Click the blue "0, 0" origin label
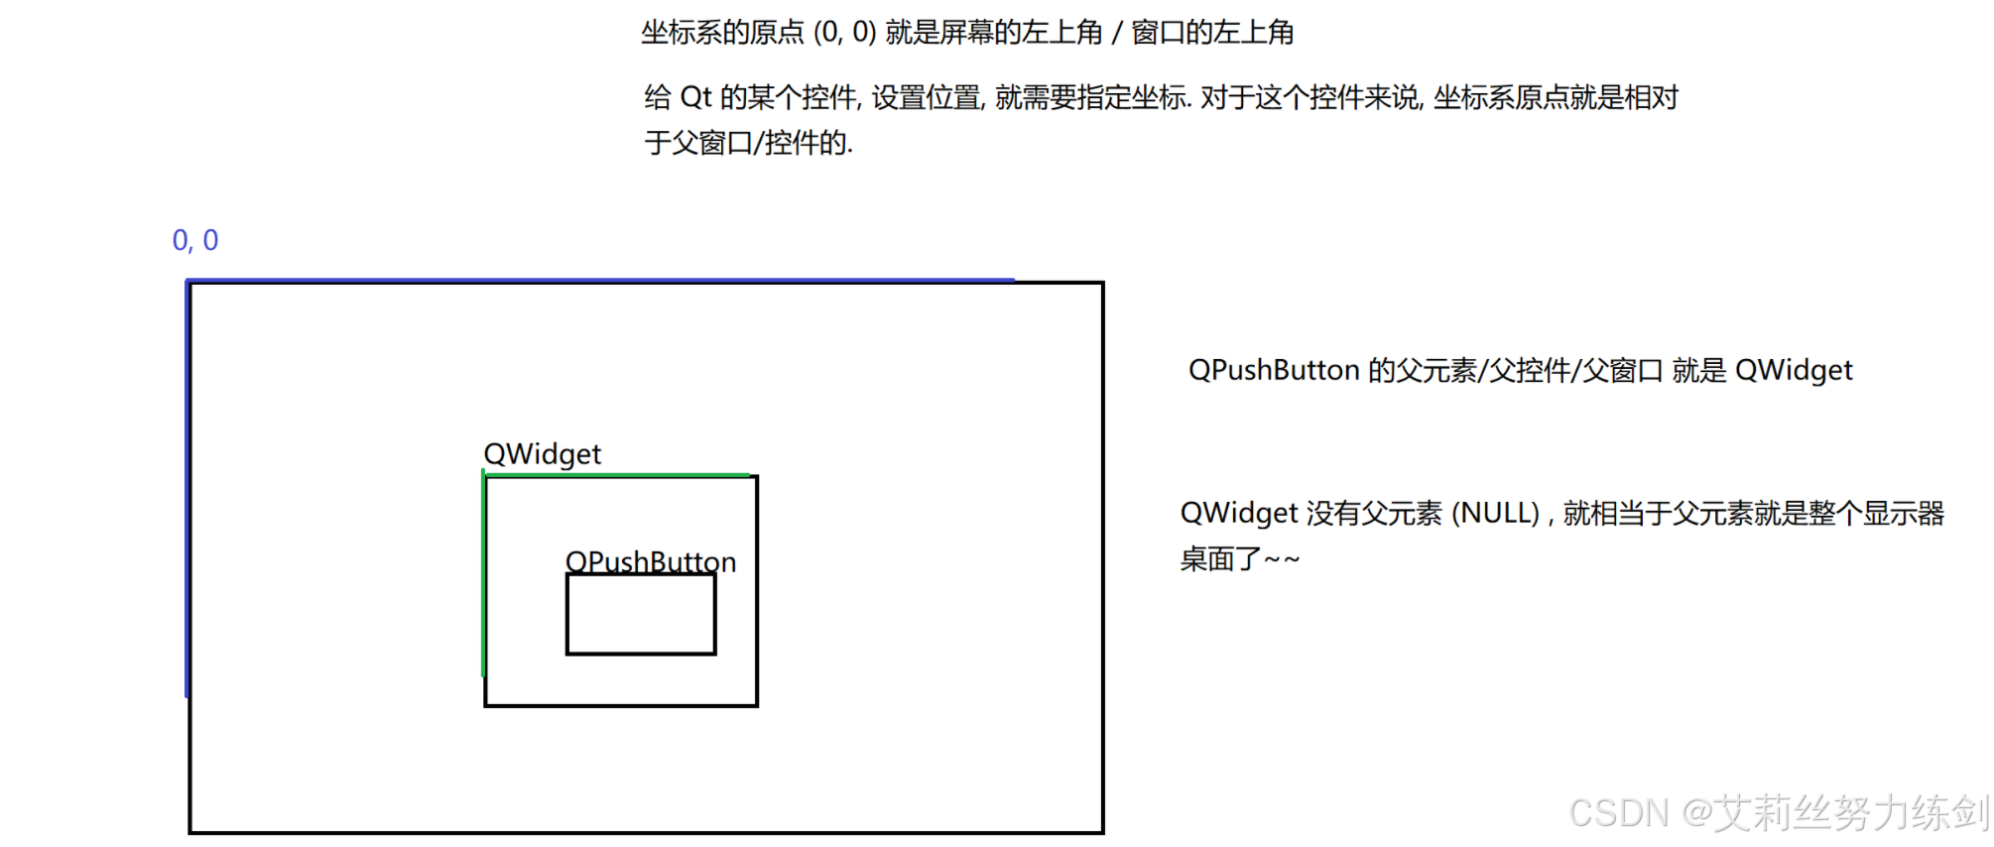(x=194, y=240)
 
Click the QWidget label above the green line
(x=542, y=454)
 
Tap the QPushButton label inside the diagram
(x=650, y=561)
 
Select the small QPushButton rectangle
(x=641, y=615)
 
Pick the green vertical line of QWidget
(x=483, y=575)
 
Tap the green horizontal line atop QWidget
(x=615, y=475)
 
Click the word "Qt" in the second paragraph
(x=695, y=97)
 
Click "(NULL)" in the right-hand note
(x=1495, y=514)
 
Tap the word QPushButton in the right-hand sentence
(x=1274, y=370)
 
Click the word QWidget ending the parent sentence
(x=1793, y=370)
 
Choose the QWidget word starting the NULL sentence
(x=1238, y=514)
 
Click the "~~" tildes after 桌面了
(x=1282, y=560)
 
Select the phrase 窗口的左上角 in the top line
(x=1212, y=33)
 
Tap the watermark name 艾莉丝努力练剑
(x=1853, y=813)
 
